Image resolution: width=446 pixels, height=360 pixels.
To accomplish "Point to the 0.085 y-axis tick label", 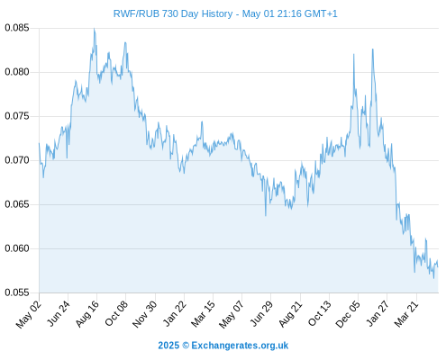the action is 17,28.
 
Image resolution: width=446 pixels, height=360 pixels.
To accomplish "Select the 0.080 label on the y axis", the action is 17,72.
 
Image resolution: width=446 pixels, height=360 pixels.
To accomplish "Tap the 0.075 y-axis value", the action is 17,116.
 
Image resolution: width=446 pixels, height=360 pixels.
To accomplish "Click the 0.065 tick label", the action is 17,204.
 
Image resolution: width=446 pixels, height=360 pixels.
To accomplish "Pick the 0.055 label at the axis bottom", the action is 17,292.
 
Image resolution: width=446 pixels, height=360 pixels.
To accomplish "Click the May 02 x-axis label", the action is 29,315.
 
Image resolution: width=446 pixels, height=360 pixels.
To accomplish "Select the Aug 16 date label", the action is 87,314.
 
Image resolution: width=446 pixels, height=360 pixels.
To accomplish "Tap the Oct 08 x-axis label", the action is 116,313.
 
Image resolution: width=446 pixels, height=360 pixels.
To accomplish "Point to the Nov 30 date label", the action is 145,314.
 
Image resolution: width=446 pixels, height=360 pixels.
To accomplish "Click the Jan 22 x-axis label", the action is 175,314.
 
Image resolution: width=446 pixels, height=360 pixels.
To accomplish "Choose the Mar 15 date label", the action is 204,314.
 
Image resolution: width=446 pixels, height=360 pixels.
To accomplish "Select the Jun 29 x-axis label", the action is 261,314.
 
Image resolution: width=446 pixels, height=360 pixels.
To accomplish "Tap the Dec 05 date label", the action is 348,314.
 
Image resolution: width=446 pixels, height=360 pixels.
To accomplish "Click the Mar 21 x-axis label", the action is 406,314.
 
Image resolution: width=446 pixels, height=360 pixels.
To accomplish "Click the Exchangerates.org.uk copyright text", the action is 223,346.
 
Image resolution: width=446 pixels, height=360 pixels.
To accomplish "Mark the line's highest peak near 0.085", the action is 95,29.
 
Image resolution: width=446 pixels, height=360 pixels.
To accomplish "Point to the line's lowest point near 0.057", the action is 433,278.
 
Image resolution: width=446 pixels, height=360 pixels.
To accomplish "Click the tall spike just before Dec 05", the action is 354,54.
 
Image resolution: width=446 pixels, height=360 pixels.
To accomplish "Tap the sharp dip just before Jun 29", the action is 266,215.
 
